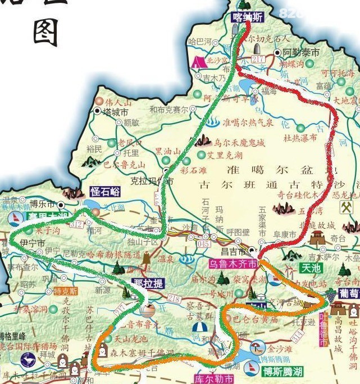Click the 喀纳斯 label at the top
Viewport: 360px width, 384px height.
tap(247, 17)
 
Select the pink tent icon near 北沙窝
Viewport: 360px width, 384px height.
tap(198, 61)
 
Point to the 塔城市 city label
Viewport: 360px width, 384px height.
tap(115, 112)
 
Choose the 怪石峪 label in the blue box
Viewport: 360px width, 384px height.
tap(106, 191)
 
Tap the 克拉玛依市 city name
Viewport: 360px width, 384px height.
tap(152, 182)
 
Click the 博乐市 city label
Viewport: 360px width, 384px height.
tap(43, 204)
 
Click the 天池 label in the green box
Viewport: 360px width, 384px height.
tap(311, 268)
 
